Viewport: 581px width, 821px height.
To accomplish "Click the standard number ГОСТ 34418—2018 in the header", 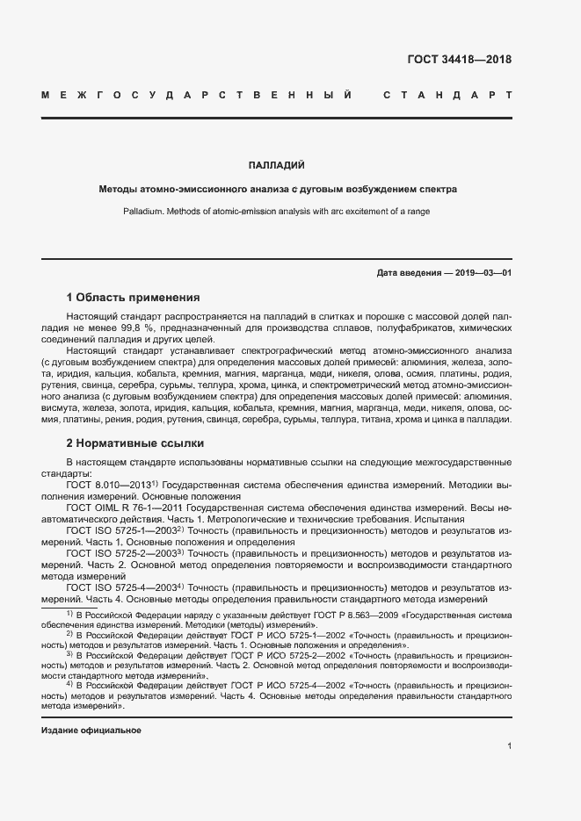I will pyautogui.click(x=460, y=61).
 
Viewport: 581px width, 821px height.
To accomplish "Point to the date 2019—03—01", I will pyautogui.click(x=483, y=273).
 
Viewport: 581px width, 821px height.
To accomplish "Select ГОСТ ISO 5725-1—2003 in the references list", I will pyautogui.click(x=120, y=530).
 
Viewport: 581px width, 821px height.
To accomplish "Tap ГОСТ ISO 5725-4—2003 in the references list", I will pyautogui.click(x=120, y=587).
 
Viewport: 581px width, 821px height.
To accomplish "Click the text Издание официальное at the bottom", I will pyautogui.click(x=91, y=731).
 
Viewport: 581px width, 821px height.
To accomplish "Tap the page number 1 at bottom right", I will pyautogui.click(x=509, y=746).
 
